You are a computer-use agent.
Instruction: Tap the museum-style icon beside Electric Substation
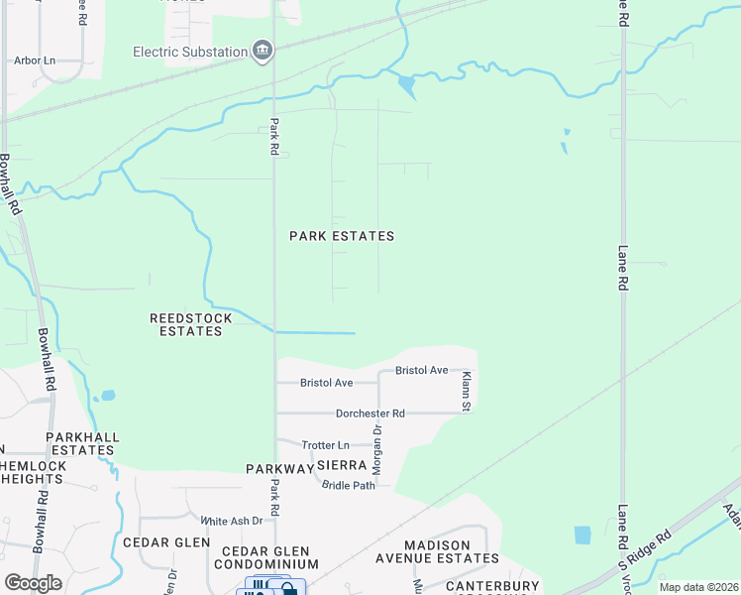tap(263, 52)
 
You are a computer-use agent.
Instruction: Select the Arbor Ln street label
tap(35, 60)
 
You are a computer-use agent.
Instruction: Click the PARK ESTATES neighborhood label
tap(342, 236)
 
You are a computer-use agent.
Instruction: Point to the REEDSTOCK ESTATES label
tap(190, 324)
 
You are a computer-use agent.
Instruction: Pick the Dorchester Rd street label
tap(370, 413)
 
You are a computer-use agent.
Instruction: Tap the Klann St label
tap(465, 390)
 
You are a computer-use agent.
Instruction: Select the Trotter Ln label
tap(326, 445)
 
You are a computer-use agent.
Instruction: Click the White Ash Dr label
tap(231, 521)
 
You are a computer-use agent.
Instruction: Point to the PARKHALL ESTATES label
tap(84, 443)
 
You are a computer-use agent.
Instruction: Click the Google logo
tap(33, 583)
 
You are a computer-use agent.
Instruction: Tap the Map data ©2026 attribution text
tap(697, 587)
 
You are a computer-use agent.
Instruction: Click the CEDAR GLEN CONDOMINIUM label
tap(265, 557)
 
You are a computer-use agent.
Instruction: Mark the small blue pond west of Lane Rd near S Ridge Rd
tap(582, 535)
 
